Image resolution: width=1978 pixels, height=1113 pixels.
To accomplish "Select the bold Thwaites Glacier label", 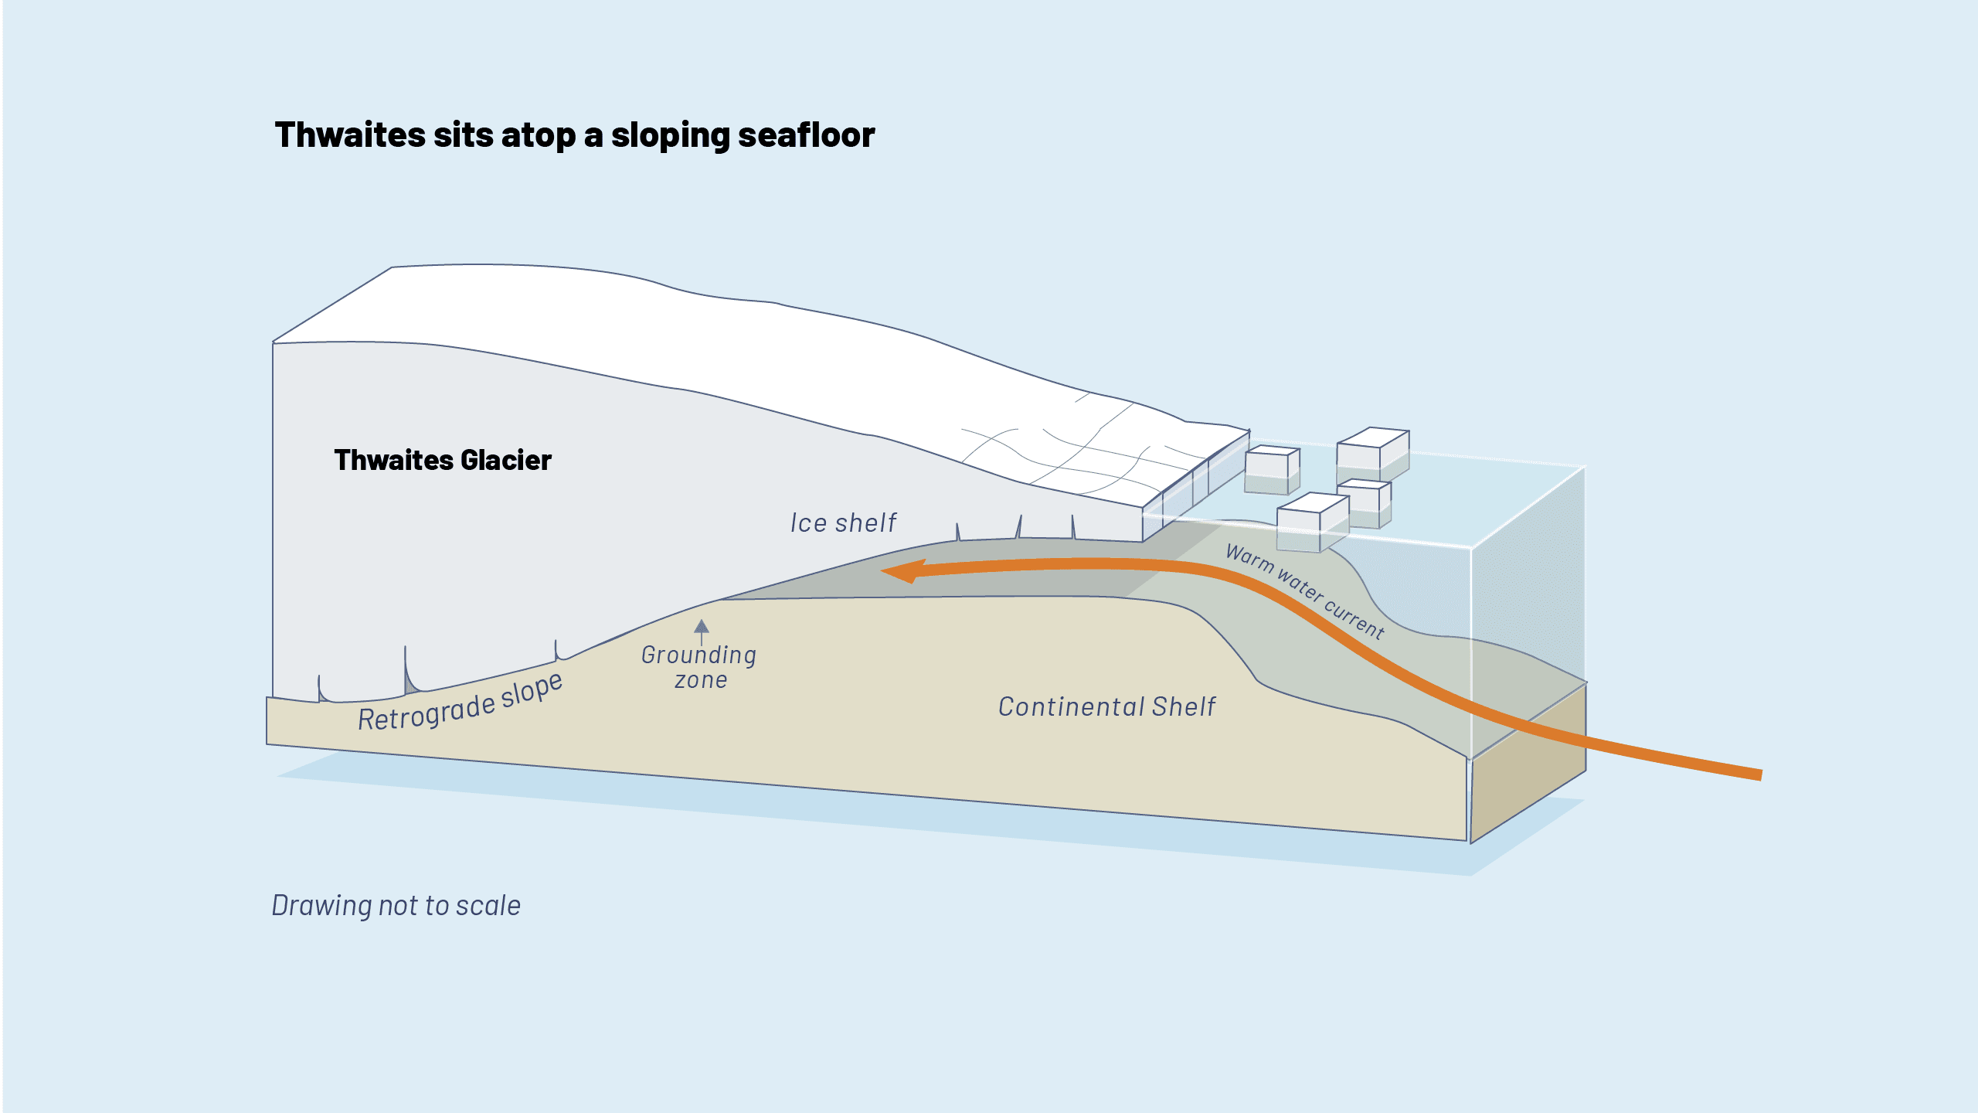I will coord(442,461).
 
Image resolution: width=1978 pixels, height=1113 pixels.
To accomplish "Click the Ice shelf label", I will coord(842,523).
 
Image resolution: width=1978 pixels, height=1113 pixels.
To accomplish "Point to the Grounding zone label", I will coord(699,667).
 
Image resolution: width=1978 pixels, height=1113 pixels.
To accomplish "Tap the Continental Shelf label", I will coord(1106,706).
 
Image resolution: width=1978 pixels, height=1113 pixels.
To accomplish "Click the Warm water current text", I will coord(1306,591).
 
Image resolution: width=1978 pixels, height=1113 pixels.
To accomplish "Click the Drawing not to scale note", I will coord(396,905).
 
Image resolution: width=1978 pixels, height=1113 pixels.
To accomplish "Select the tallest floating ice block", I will coord(1372,454).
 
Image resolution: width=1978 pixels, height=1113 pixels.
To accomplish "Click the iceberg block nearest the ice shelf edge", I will coord(1272,470).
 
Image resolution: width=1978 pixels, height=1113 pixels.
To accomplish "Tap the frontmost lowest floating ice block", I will coord(1312,524).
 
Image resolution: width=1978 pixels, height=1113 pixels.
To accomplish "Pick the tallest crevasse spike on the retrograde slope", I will coord(406,669).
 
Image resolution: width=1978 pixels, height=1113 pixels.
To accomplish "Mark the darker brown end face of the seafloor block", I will coord(1528,765).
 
